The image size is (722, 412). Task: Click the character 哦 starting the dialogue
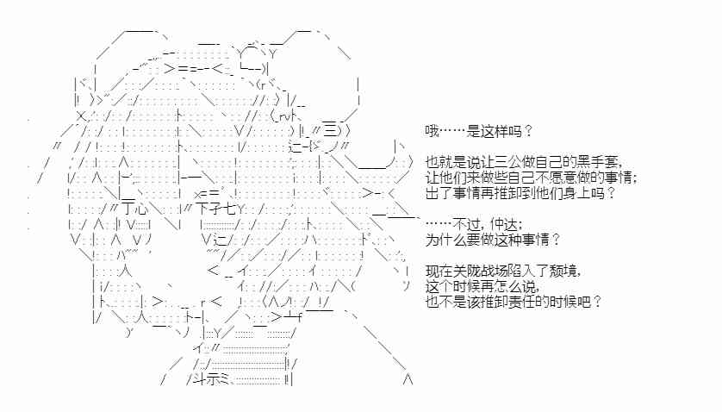(x=431, y=131)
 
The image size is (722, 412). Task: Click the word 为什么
(x=443, y=239)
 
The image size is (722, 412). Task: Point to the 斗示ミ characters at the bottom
(x=207, y=379)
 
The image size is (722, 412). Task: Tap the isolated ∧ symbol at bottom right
(x=408, y=379)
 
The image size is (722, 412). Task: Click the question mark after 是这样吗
(x=528, y=131)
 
